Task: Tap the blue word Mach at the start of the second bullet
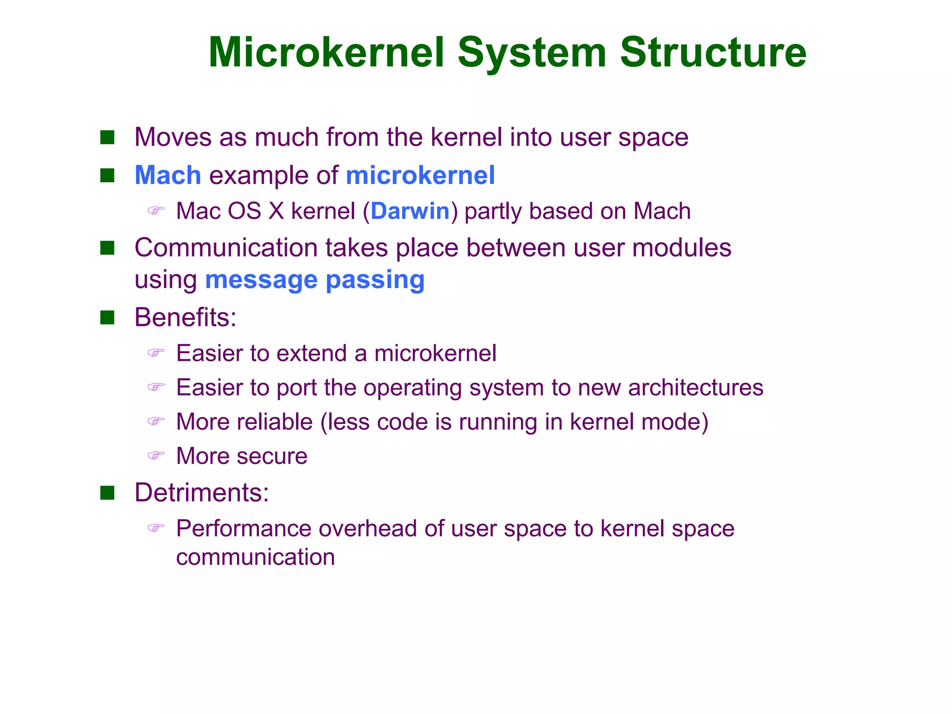[x=168, y=175]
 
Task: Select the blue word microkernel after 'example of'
[x=420, y=175]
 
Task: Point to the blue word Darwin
[x=410, y=211]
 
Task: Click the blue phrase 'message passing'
[x=315, y=280]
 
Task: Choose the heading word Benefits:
[x=185, y=317]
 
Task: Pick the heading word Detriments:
[x=202, y=492]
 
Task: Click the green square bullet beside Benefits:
[x=107, y=318]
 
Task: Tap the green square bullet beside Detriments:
[x=107, y=493]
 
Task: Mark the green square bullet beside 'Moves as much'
[x=107, y=138]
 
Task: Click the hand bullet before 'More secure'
[x=156, y=456]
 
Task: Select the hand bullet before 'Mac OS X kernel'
[x=156, y=211]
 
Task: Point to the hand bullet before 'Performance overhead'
[x=156, y=528]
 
